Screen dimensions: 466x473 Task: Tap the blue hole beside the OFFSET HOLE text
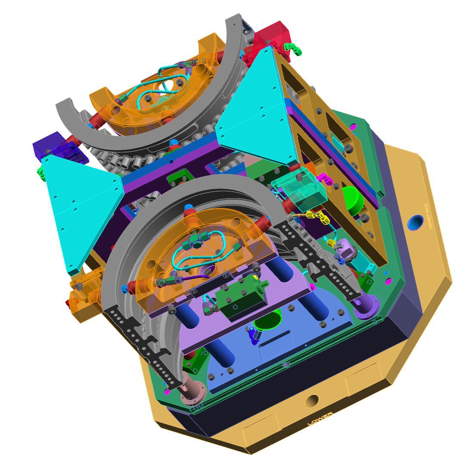(x=417, y=223)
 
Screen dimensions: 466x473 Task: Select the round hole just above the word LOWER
(x=312, y=401)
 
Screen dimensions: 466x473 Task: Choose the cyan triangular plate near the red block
(x=254, y=108)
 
